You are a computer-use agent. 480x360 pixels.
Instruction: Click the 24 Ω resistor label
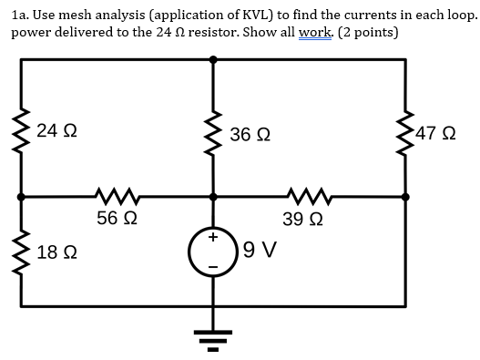click(56, 131)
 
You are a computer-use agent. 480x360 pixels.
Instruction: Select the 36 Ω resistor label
click(250, 134)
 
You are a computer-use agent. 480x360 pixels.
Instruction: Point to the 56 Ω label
click(117, 219)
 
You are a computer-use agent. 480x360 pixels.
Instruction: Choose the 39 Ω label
click(301, 219)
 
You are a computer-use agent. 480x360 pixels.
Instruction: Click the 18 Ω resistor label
click(56, 251)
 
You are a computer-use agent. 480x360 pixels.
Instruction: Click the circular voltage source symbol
click(213, 250)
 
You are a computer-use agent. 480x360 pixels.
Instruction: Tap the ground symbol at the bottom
click(213, 342)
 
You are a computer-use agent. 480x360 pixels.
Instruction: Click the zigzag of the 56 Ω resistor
click(116, 194)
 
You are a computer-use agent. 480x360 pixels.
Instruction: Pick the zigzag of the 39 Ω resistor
click(301, 194)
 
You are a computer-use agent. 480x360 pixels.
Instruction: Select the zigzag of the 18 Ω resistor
click(20, 250)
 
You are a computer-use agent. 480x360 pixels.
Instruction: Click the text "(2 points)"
click(358, 33)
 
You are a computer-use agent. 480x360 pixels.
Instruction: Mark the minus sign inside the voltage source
click(214, 266)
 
